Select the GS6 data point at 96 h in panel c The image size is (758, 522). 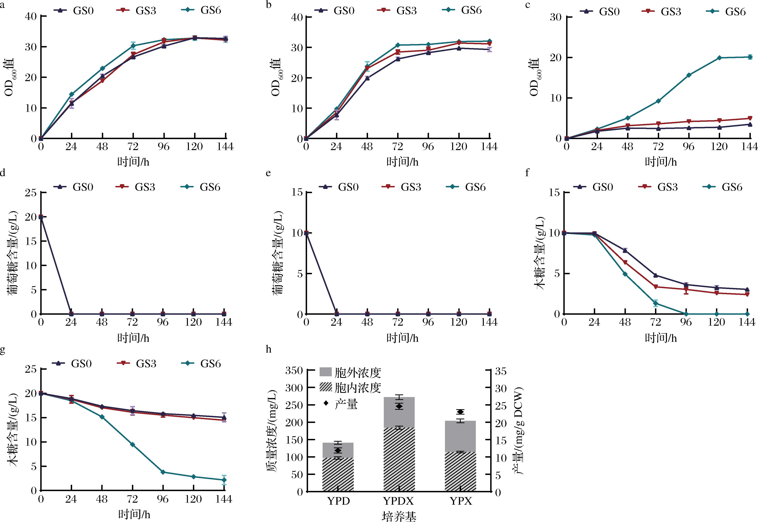coord(689,75)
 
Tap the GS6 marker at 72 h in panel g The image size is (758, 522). coord(133,444)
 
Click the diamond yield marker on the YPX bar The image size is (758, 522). coord(460,412)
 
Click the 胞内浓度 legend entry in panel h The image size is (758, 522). coord(350,388)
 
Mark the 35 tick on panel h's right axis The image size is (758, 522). coord(501,371)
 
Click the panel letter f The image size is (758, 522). coord(527,172)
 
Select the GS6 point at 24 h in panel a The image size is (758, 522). coord(72,94)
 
